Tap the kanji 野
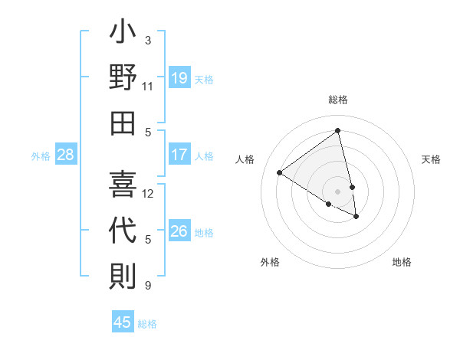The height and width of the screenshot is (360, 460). [123, 78]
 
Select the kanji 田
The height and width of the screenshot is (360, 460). [123, 123]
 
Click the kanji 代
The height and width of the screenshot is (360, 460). [123, 231]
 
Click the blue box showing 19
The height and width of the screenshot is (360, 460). [179, 77]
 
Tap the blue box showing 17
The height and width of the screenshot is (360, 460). [179, 155]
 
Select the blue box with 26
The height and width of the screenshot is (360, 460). [179, 231]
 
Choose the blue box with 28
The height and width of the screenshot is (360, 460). [66, 155]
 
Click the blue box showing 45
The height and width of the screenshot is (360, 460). [123, 322]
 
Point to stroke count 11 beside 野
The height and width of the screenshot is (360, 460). [148, 87]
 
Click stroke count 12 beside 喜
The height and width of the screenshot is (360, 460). [148, 194]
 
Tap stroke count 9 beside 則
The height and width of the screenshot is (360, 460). [148, 286]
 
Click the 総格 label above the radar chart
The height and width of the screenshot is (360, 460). [338, 100]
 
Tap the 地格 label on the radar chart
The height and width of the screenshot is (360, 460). [402, 262]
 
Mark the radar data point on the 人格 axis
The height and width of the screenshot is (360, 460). [280, 172]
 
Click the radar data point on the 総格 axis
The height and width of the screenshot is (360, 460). [338, 130]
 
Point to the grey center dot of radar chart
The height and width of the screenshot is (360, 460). [338, 191]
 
